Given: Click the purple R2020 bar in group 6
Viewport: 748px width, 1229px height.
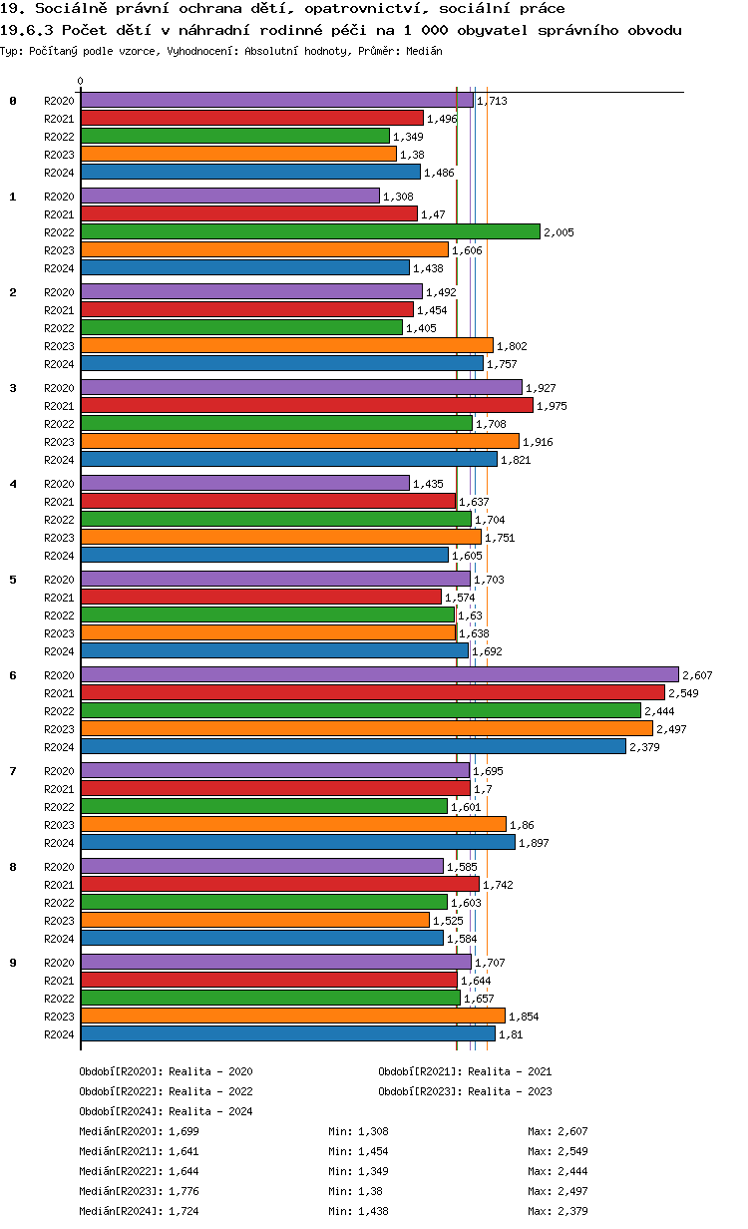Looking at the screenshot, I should (x=379, y=674).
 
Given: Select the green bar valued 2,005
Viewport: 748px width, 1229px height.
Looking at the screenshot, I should (x=309, y=231).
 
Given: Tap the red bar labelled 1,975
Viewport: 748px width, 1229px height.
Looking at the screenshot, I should (x=306, y=405).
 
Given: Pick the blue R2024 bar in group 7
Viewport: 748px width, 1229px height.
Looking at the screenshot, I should (x=297, y=842).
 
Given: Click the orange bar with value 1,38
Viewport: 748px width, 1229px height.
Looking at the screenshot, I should (x=238, y=154).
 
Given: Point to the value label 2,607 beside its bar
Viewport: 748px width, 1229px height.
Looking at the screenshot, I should (x=697, y=675).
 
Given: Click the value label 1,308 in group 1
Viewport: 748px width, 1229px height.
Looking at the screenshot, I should (x=399, y=197).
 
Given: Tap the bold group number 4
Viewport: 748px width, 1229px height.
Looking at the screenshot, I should (x=13, y=484).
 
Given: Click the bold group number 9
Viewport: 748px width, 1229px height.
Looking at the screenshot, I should (x=13, y=963).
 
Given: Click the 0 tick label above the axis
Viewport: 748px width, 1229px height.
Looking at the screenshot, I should (x=81, y=81).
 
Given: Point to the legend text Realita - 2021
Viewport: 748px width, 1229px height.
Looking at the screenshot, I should (x=510, y=1071).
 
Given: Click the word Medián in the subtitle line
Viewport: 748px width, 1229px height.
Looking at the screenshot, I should (x=425, y=50).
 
